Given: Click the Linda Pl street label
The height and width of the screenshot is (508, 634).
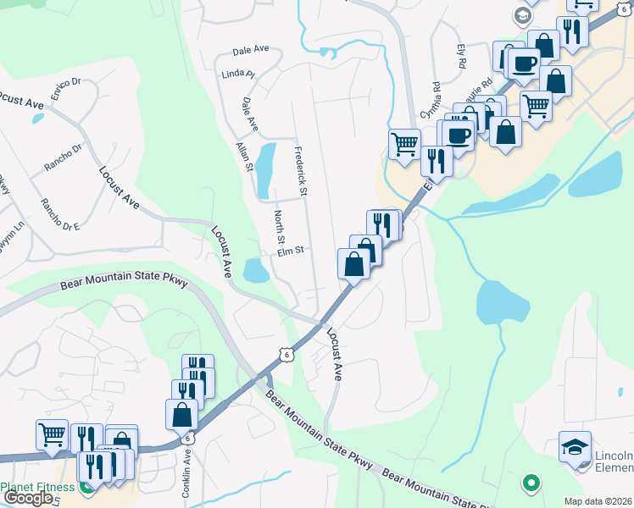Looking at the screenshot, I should [x=239, y=75].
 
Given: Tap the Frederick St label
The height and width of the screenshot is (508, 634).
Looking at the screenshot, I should [x=299, y=166].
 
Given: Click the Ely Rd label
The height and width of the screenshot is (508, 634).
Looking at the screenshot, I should [x=461, y=58].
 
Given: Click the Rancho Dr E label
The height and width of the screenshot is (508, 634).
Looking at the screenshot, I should [x=59, y=214].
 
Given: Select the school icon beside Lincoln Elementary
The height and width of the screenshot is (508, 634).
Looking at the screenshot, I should [x=576, y=446].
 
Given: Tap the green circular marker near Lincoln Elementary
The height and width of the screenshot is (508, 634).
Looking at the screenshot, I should [x=531, y=483].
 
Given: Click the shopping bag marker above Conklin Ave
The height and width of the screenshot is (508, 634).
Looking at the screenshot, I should [x=182, y=414].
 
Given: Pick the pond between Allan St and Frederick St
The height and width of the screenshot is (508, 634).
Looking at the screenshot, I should [x=265, y=167].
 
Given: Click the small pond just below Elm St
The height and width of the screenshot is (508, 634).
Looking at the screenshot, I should [x=256, y=271].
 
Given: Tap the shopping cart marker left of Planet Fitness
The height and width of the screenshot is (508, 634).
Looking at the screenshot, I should [x=52, y=434].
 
